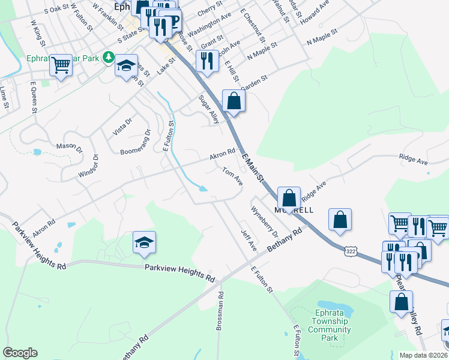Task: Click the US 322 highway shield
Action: [351, 250]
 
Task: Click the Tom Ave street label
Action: [232, 176]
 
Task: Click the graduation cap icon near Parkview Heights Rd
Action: [144, 243]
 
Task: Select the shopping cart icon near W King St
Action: [61, 65]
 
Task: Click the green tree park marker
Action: [108, 58]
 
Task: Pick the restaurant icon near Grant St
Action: [206, 61]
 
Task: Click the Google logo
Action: [20, 353]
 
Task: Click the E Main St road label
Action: [253, 168]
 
